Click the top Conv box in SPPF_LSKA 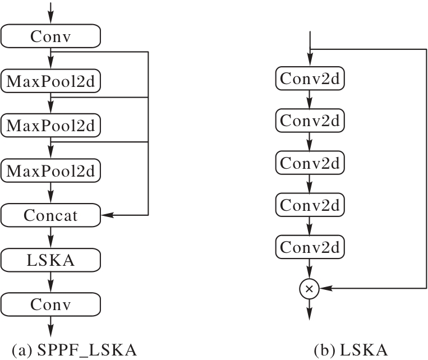pos(50,36)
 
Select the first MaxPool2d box pos(50,81)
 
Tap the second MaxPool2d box pos(50,124)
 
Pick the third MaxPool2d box pos(50,169)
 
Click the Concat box pos(50,214)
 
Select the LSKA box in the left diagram pos(50,260)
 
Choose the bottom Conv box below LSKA pos(50,304)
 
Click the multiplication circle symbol pos(310,289)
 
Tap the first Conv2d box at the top pos(310,79)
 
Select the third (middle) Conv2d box pos(310,163)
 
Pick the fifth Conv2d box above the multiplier pos(310,247)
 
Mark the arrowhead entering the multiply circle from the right pos(323,289)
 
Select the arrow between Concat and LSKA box pos(50,237)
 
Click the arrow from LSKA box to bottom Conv pos(50,282)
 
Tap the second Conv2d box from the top pos(310,121)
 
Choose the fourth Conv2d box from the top pos(310,205)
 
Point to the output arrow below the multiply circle pos(310,310)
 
